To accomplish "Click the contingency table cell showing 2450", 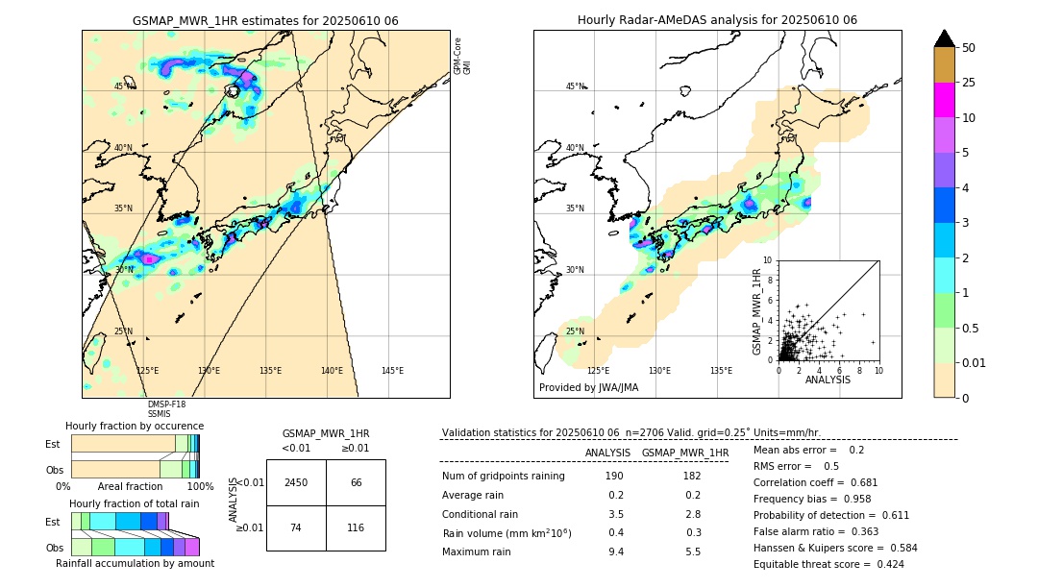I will (296, 482).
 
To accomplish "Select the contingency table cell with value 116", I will (356, 528).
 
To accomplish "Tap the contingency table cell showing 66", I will (356, 482).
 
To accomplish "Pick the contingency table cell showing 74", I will (296, 528).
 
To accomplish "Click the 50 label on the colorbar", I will (969, 47).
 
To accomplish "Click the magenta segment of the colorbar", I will (944, 100).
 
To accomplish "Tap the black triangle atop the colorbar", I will (944, 38).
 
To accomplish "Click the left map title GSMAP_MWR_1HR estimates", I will (265, 20).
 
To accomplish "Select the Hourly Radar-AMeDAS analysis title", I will (717, 20).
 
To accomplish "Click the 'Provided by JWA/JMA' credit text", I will (588, 388).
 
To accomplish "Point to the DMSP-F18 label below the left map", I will (165, 404).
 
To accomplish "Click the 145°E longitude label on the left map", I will (392, 371).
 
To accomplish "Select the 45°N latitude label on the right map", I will (575, 86).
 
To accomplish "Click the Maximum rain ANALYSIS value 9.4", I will (615, 551).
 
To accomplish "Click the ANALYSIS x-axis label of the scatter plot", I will (828, 380).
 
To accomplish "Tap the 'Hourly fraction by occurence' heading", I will (135, 426).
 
